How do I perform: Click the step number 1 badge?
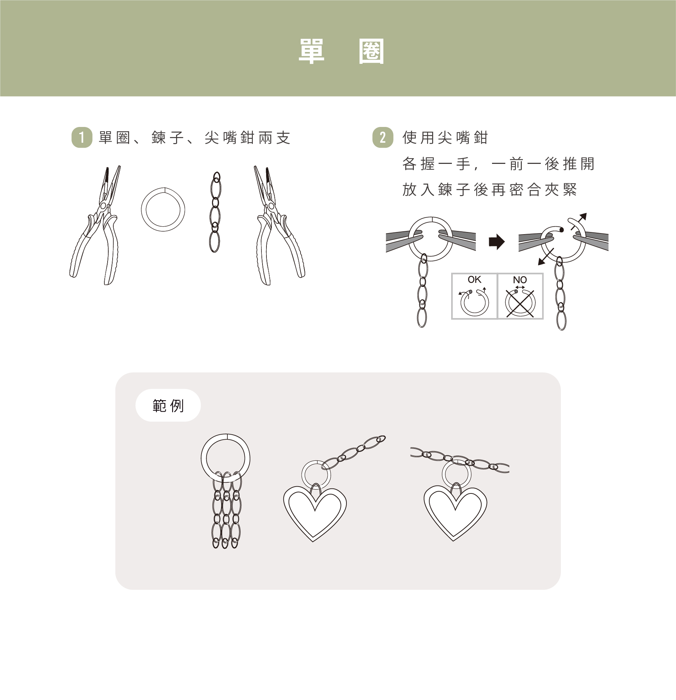[x=82, y=137]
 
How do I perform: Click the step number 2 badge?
[x=383, y=137]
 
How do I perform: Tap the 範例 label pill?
[x=168, y=405]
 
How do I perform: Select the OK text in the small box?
[x=474, y=279]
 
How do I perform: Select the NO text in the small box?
[x=520, y=280]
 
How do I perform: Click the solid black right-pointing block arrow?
[x=497, y=242]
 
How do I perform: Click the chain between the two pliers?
[x=215, y=212]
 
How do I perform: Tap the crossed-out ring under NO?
[x=520, y=303]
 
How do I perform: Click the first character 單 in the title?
[x=312, y=51]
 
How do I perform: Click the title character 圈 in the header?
[x=371, y=51]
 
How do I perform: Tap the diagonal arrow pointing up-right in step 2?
[x=578, y=221]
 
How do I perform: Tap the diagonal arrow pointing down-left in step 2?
[x=546, y=257]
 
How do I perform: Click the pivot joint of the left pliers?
[x=103, y=205]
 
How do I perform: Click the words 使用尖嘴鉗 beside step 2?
[x=445, y=138]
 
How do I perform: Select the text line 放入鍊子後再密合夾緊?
[x=490, y=190]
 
